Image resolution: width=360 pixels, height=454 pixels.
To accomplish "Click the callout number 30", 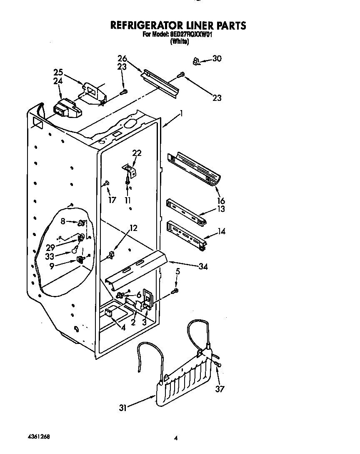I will [217, 59].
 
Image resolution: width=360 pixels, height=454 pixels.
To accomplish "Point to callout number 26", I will [122, 58].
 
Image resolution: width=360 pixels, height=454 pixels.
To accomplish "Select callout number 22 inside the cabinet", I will [137, 153].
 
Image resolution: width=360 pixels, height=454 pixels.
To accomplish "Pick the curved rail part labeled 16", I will [196, 169].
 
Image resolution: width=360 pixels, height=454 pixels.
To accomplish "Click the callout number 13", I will [220, 209].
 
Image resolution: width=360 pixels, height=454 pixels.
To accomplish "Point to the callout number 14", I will [221, 231].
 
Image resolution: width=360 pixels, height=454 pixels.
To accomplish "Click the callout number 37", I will [220, 389].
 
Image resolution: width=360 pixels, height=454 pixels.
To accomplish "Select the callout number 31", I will [122, 408].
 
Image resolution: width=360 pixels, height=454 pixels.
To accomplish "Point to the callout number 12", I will [133, 228].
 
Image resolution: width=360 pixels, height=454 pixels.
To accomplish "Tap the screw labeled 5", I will [177, 290].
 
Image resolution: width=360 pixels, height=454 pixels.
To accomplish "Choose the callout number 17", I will [111, 200].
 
